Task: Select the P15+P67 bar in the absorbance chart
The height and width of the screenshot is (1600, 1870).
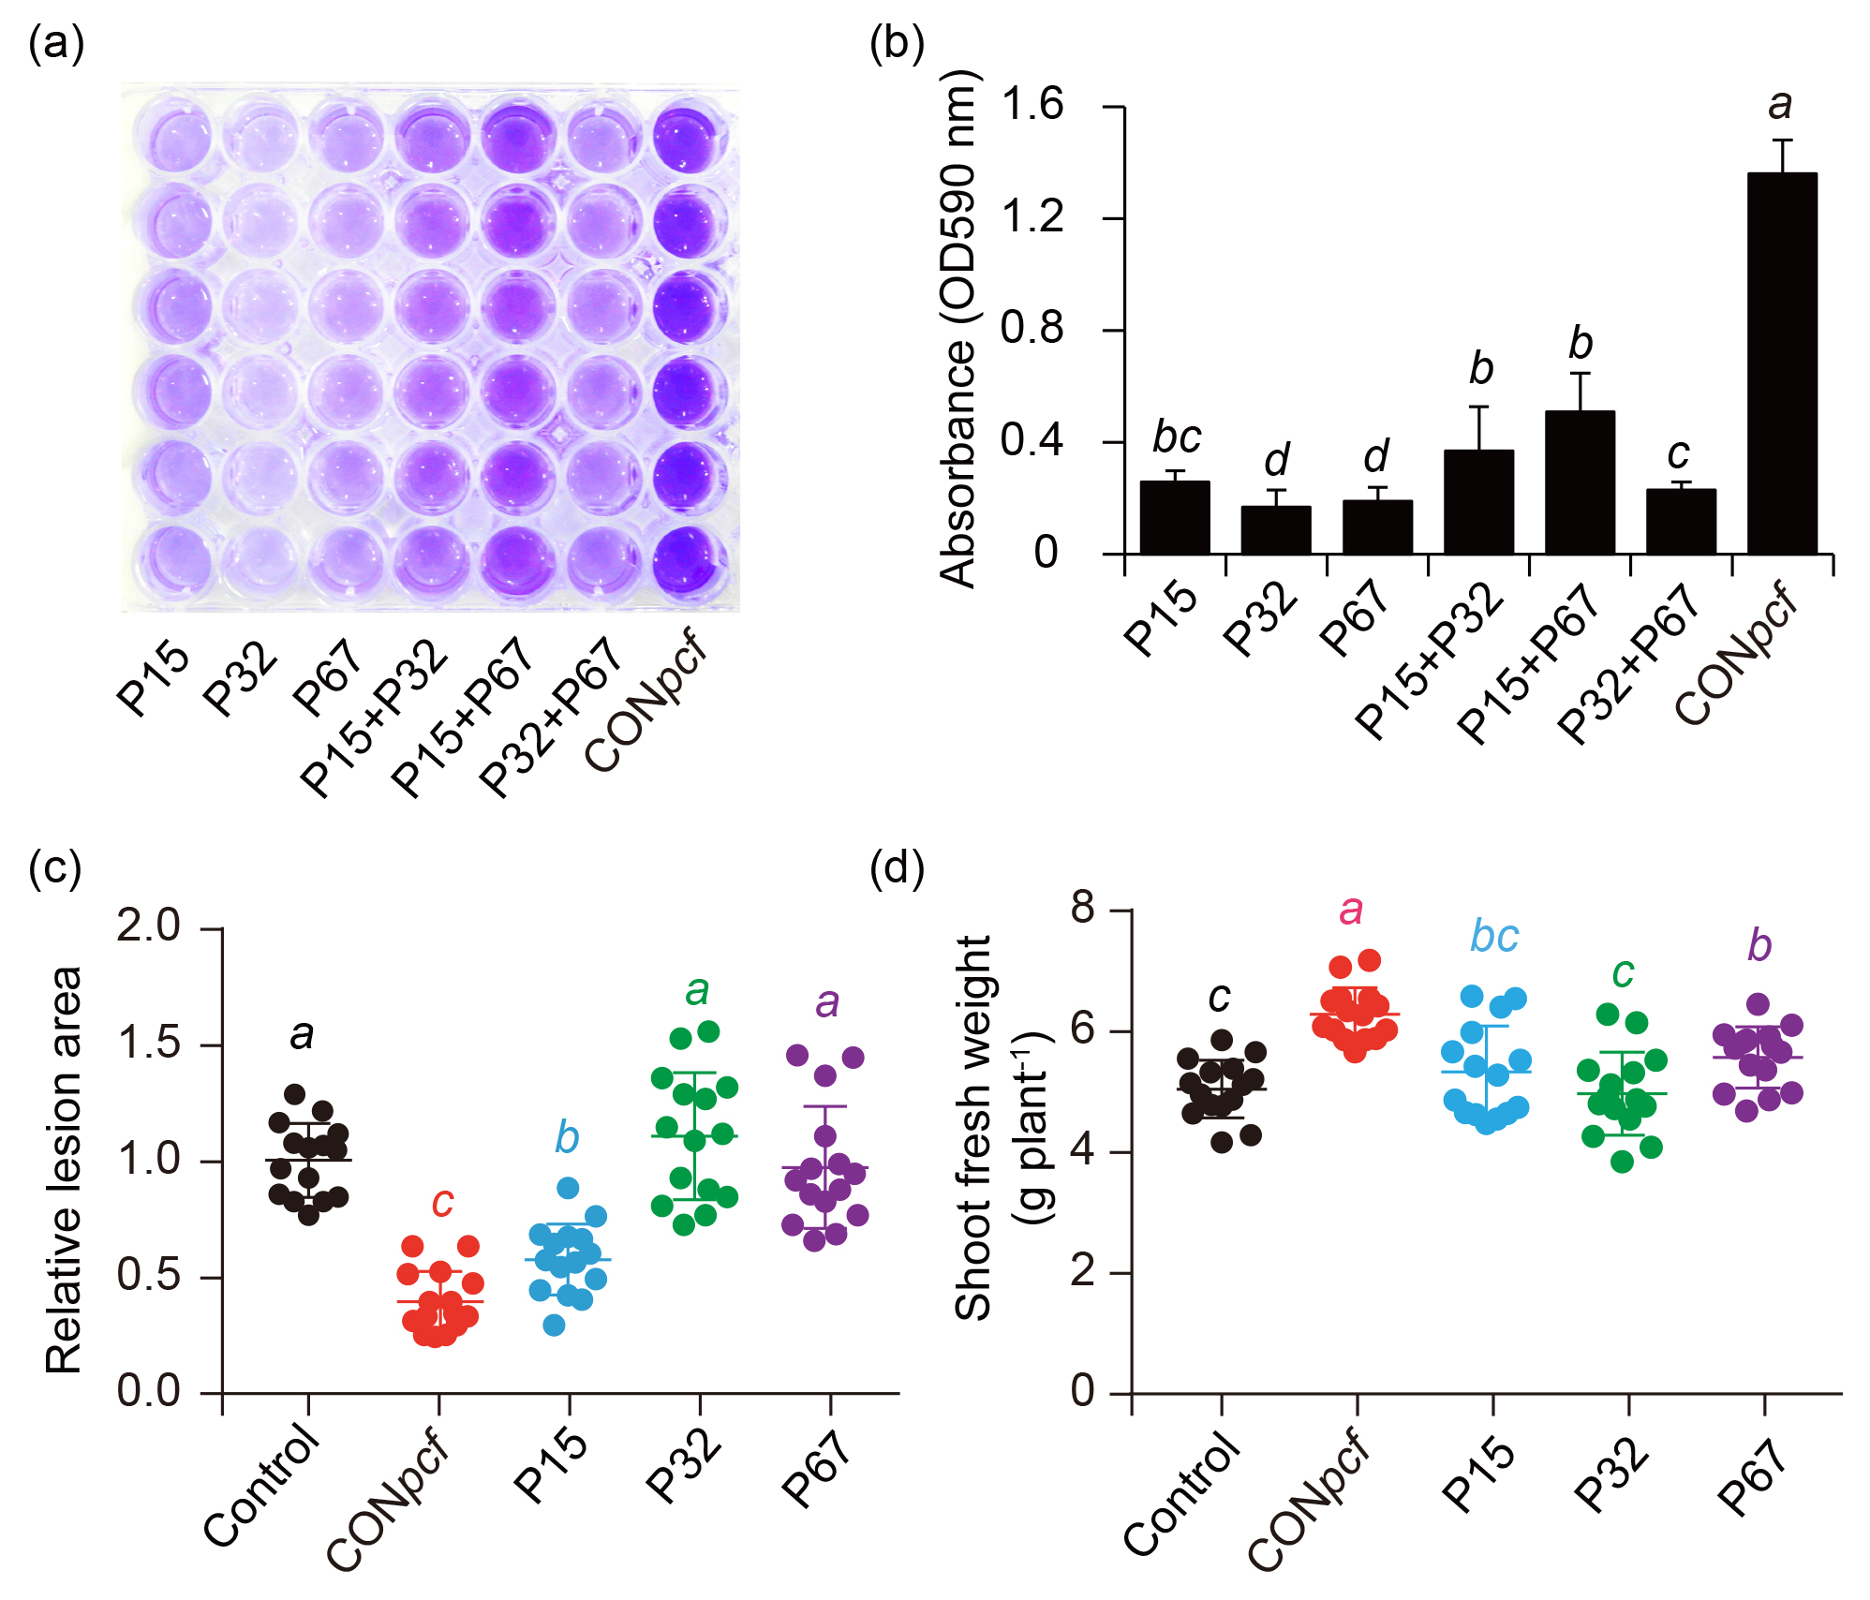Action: (1580, 482)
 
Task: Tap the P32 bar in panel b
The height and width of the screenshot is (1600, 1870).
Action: (1276, 530)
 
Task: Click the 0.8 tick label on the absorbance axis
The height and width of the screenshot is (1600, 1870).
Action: (1032, 329)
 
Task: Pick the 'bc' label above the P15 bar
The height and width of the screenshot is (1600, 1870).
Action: (1177, 437)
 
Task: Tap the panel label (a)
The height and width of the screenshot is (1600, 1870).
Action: (56, 43)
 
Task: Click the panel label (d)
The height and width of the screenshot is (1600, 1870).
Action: (897, 867)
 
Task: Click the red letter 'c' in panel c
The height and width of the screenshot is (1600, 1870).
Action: (442, 1202)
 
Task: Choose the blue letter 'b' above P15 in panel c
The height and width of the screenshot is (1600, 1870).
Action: (567, 1138)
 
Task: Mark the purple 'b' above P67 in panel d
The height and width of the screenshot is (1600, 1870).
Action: (1759, 946)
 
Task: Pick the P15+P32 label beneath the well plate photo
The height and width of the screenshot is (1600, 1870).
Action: (375, 718)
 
